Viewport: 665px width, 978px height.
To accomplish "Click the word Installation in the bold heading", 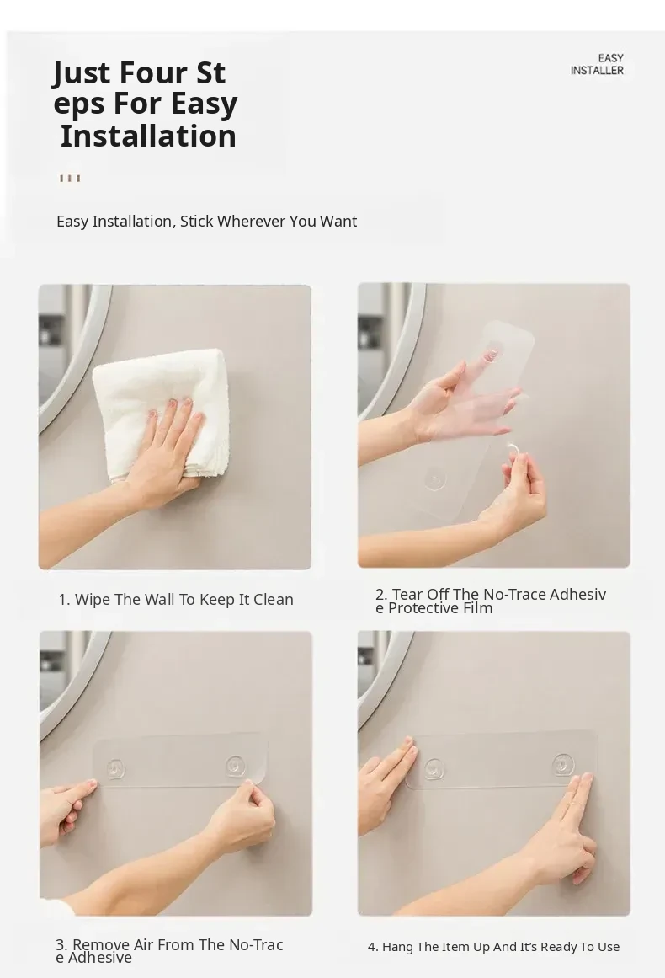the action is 148,136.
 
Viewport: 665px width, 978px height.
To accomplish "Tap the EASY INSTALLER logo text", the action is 597,64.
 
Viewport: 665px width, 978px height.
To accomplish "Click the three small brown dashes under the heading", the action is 70,179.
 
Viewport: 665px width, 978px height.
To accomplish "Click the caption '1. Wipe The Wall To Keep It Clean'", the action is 176,600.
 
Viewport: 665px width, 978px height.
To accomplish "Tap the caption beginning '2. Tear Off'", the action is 491,601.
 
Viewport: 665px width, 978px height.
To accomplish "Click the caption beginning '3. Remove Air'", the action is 169,950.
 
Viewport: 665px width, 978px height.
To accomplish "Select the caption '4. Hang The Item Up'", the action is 493,947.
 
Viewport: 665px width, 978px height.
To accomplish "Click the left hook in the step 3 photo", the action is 115,769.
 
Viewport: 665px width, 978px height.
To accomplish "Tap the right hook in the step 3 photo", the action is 236,766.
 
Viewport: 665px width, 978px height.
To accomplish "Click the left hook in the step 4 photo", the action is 434,769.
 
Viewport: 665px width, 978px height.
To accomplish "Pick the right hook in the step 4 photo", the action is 563,764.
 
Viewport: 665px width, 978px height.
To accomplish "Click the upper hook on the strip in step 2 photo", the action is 492,353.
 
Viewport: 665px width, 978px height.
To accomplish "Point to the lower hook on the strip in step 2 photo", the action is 435,479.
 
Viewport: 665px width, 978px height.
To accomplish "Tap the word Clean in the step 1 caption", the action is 274,600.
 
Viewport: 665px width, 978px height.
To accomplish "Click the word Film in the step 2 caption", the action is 476,608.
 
